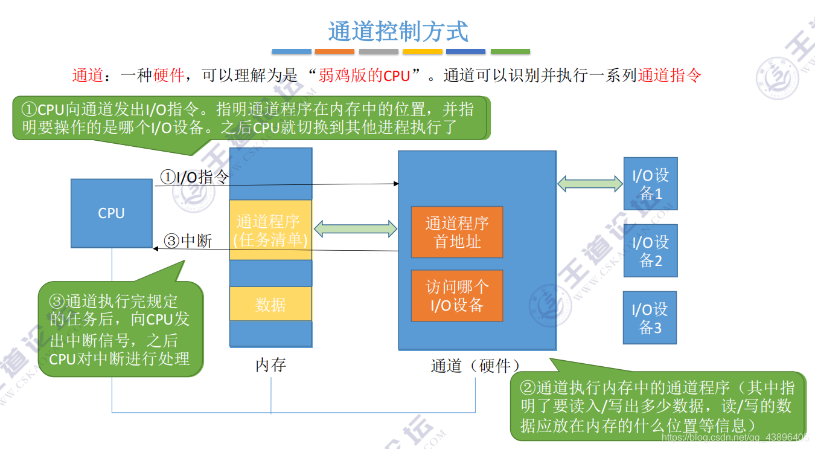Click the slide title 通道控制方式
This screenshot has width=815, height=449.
[398, 31]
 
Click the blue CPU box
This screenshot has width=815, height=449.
[112, 213]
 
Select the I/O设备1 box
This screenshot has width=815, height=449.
[650, 184]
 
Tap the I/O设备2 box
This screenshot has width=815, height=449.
[650, 251]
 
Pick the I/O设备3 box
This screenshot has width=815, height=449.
[650, 318]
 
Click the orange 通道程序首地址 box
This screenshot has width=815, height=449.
[457, 232]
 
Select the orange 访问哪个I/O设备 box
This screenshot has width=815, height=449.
[457, 296]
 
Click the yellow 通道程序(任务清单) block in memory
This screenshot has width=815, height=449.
[270, 230]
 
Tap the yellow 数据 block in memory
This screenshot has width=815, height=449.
[270, 304]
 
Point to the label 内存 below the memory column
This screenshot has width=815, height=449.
[270, 365]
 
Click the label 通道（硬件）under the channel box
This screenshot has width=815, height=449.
[476, 366]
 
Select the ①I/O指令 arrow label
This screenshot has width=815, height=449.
[194, 177]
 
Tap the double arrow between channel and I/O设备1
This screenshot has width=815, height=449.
[590, 183]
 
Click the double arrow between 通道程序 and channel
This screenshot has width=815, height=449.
[355, 228]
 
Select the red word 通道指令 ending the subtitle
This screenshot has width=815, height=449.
[670, 76]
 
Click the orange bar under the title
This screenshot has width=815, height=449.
[335, 52]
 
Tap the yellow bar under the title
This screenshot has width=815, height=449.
[422, 52]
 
